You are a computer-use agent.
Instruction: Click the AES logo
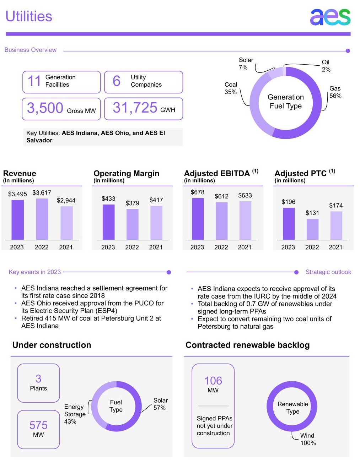pyautogui.click(x=330, y=17)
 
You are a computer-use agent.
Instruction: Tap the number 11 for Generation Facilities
pyautogui.click(x=34, y=81)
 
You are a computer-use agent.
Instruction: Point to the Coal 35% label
pyautogui.click(x=231, y=88)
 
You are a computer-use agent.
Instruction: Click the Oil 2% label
pyautogui.click(x=326, y=66)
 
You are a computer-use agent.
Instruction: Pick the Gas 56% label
pyautogui.click(x=335, y=92)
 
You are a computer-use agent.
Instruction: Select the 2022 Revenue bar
pyautogui.click(x=42, y=219)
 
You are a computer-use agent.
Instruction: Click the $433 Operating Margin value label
pyautogui.click(x=108, y=198)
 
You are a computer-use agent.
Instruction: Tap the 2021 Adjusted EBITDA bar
pyautogui.click(x=245, y=220)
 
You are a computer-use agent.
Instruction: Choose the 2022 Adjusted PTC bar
pyautogui.click(x=312, y=229)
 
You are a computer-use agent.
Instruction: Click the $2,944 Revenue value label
pyautogui.click(x=66, y=200)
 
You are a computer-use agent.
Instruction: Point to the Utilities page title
pyautogui.click(x=29, y=16)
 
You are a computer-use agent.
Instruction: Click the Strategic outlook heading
pyautogui.click(x=328, y=272)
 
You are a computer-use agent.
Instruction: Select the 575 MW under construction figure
pyautogui.click(x=38, y=429)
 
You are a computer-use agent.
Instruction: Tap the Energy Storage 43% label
pyautogui.click(x=75, y=414)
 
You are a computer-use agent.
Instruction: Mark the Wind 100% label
pyautogui.click(x=308, y=439)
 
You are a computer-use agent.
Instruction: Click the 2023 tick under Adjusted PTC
pyautogui.click(x=288, y=247)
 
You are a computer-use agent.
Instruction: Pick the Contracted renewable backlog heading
pyautogui.click(x=247, y=345)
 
